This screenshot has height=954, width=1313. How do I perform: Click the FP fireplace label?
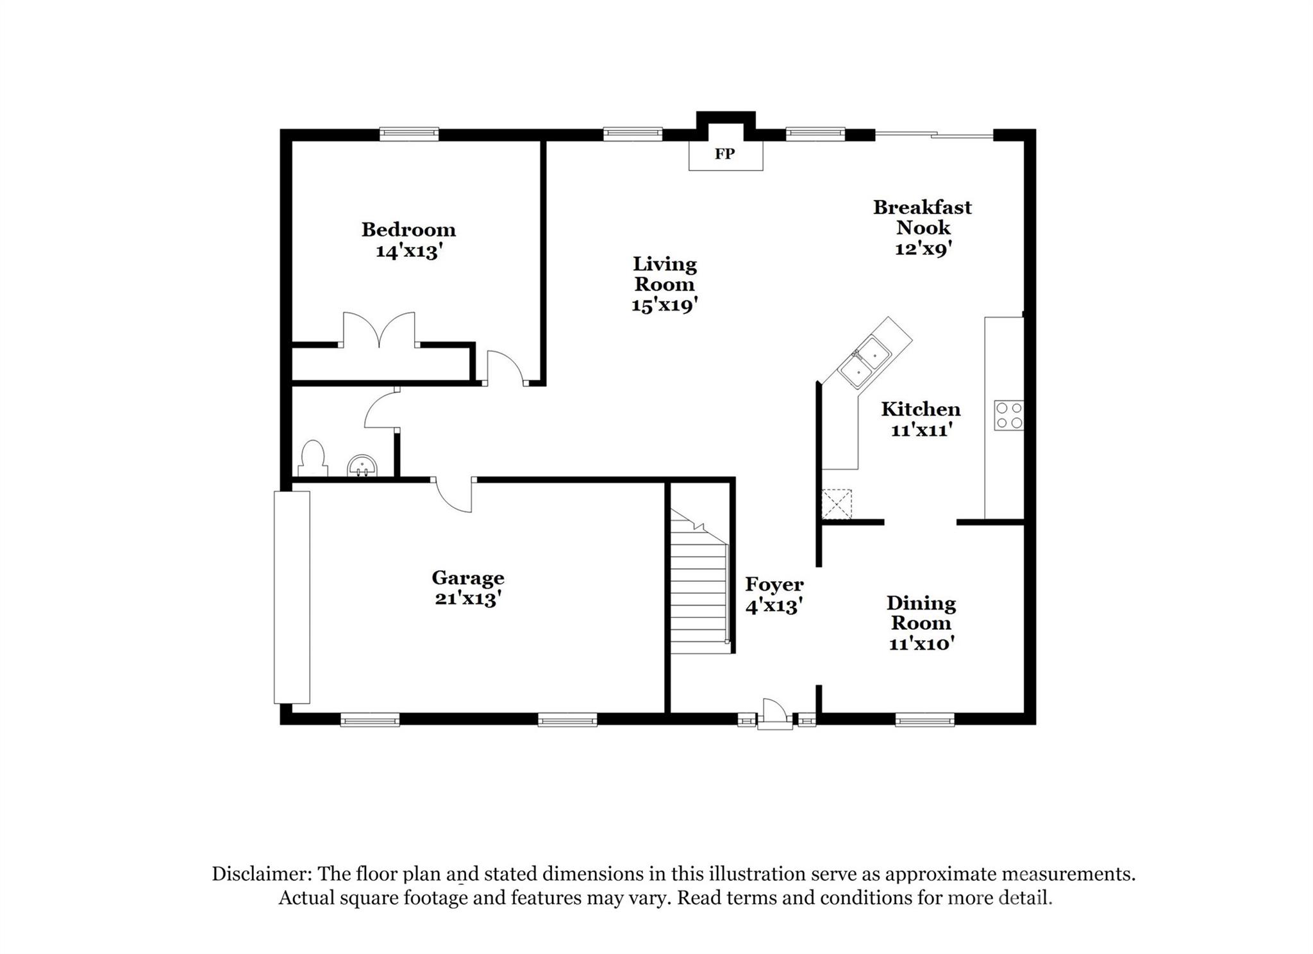(x=724, y=154)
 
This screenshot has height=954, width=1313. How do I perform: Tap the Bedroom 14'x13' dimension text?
(x=409, y=251)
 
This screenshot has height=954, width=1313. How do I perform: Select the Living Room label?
(x=664, y=274)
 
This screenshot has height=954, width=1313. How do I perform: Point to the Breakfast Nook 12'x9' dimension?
(x=923, y=249)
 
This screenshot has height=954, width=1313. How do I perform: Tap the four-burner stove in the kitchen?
(x=1008, y=415)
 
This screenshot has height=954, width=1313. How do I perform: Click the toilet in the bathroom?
(x=313, y=457)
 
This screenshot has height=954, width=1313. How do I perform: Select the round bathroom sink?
(x=362, y=466)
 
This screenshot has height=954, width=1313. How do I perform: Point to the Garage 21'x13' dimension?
(x=467, y=599)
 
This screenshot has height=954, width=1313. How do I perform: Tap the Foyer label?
(x=774, y=584)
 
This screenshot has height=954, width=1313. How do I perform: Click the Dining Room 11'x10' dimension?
(x=921, y=643)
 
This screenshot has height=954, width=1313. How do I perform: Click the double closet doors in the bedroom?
(x=379, y=330)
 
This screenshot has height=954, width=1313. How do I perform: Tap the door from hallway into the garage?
(x=454, y=495)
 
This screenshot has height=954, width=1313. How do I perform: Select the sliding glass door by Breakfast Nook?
(x=933, y=135)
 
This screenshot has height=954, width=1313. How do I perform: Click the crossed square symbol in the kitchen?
(x=837, y=504)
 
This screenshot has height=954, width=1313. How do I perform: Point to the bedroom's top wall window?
(x=409, y=134)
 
